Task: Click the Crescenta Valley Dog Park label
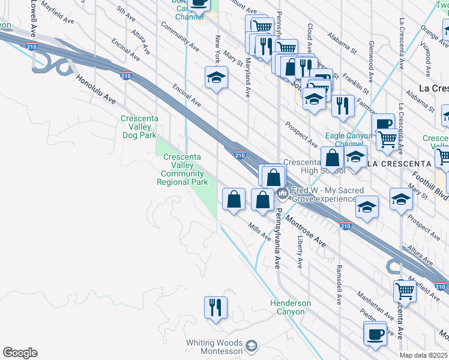pyautogui.click(x=140, y=127)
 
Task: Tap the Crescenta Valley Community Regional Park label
pyautogui.click(x=183, y=170)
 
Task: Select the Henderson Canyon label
pyautogui.click(x=291, y=307)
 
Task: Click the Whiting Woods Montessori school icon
pyautogui.click(x=252, y=346)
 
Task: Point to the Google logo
pyautogui.click(x=20, y=353)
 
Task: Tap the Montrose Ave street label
pyautogui.click(x=306, y=230)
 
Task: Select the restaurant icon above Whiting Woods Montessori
pyautogui.click(x=215, y=307)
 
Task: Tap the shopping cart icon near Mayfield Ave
pyautogui.click(x=405, y=291)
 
